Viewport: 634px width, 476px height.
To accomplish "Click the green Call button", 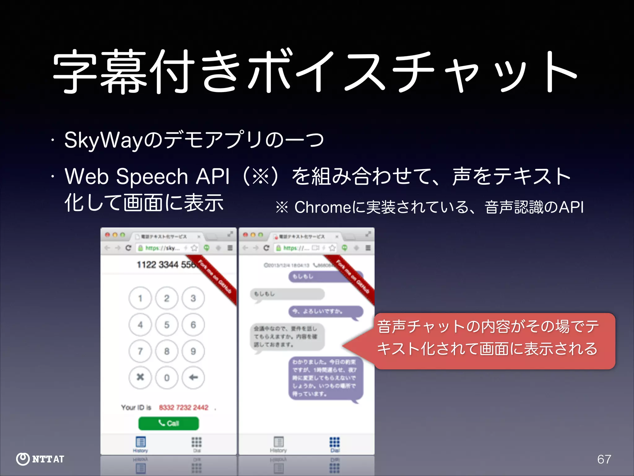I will (168, 423).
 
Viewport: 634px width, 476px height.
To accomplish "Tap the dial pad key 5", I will (167, 325).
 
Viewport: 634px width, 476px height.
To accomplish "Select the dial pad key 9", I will (193, 351).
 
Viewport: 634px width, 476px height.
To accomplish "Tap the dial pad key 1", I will (140, 298).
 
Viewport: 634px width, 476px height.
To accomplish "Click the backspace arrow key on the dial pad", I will (193, 377).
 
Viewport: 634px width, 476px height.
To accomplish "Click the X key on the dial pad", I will (140, 377).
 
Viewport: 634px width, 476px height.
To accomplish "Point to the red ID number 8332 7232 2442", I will (184, 408).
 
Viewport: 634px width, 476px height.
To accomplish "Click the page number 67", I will (604, 459).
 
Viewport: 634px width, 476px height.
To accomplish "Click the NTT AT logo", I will (40, 459).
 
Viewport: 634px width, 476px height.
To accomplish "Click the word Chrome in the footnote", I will (323, 207).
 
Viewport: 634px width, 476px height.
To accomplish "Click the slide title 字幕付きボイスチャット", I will (315, 72).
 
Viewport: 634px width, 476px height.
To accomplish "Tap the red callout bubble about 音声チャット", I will (494, 341).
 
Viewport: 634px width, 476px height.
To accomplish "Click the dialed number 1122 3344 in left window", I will (158, 265).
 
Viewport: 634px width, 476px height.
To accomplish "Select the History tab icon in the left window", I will (141, 442).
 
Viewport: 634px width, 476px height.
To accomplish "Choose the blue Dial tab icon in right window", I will (335, 443).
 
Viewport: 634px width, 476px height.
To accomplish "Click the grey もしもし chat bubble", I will (287, 294).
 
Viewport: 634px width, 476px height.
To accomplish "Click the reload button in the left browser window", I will (128, 248).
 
